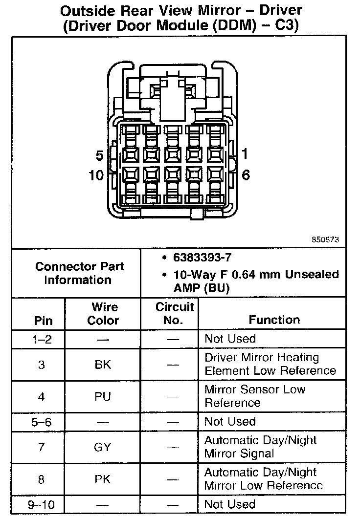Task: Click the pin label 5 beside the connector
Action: [99, 156]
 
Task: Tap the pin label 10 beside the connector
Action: [97, 175]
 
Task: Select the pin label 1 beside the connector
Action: [245, 154]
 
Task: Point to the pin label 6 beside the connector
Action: [246, 175]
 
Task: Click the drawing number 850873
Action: [325, 240]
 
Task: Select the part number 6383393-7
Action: [202, 258]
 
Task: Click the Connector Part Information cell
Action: [80, 273]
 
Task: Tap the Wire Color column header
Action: [103, 314]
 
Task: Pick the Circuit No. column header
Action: [175, 314]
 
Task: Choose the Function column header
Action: [274, 320]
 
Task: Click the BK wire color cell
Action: [103, 365]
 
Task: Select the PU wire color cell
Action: [103, 396]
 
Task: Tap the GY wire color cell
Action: [103, 447]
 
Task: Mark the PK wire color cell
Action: [103, 479]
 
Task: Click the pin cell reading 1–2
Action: [41, 339]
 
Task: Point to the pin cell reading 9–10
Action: [41, 504]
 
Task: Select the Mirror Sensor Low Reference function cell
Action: [254, 396]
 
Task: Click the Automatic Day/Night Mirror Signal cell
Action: [260, 447]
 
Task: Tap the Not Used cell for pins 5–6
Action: [230, 422]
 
